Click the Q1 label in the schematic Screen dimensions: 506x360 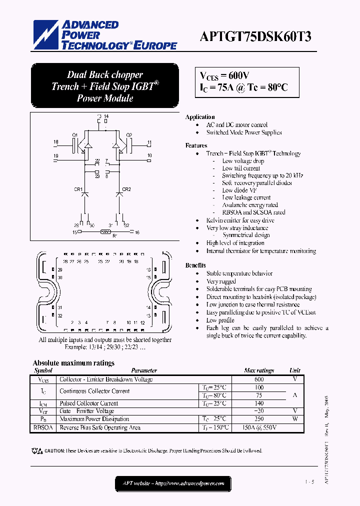tap(74, 135)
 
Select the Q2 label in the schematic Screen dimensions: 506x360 tap(129, 135)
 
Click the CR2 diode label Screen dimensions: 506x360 tap(126, 189)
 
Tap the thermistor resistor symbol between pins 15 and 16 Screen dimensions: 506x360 tap(105, 232)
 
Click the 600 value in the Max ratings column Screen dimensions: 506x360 tap(259, 379)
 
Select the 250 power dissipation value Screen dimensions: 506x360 tap(259, 419)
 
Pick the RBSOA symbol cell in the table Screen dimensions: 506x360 tap(43, 427)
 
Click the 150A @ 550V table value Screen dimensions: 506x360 tap(259, 427)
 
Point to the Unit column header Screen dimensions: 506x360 tap(295, 370)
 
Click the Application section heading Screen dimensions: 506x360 tap(200, 117)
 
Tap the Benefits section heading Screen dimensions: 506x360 tap(195, 265)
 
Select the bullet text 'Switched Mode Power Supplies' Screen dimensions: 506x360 tap(244, 132)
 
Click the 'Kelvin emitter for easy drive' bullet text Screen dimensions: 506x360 tap(240, 220)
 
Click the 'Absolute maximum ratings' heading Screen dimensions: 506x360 tap(73, 363)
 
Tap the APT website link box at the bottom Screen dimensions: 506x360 tap(173, 483)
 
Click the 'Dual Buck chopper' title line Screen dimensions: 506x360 tap(105, 75)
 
